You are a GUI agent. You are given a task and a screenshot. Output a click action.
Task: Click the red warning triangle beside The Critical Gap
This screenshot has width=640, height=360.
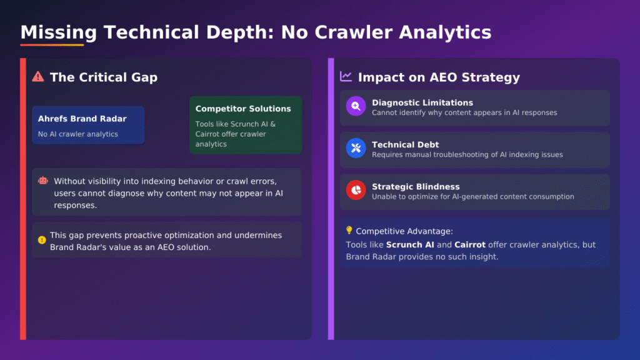tap(38, 76)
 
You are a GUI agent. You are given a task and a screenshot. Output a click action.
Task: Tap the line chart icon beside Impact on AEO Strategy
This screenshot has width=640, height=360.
tap(346, 76)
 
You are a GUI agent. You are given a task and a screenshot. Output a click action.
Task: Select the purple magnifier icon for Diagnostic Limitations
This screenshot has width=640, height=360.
tap(356, 106)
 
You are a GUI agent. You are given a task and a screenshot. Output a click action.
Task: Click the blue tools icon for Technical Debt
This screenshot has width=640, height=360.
tap(356, 148)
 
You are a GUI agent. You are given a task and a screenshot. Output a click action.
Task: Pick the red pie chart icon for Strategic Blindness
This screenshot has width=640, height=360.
tap(356, 190)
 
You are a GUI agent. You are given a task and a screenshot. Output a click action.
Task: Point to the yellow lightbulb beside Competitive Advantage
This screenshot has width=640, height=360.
tap(349, 230)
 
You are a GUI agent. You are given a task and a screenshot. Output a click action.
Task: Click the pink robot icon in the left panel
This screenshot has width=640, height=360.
tap(43, 181)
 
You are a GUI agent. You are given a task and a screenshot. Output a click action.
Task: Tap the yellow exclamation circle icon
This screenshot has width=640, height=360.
tap(42, 240)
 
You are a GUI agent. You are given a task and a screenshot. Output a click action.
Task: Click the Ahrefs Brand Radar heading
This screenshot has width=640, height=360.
tap(82, 119)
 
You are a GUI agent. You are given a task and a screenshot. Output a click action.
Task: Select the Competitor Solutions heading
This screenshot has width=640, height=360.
tap(243, 109)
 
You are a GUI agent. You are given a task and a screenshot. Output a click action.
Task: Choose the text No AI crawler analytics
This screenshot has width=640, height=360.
tap(78, 134)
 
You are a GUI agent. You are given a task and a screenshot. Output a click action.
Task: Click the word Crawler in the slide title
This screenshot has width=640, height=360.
tap(354, 32)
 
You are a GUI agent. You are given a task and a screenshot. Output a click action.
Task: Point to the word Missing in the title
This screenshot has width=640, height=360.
tap(59, 32)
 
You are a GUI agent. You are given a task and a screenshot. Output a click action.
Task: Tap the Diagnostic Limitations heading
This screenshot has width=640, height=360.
tap(422, 103)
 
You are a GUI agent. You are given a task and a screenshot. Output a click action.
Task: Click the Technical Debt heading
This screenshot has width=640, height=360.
tap(405, 145)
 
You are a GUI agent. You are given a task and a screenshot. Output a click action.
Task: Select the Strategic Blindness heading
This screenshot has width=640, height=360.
tap(416, 187)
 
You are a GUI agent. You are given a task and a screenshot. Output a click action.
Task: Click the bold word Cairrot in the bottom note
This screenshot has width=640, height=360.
tap(470, 245)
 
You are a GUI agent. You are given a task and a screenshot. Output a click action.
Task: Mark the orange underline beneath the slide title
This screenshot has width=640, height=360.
tap(52, 44)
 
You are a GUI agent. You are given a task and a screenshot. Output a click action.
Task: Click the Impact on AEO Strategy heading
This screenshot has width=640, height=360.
tap(439, 77)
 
